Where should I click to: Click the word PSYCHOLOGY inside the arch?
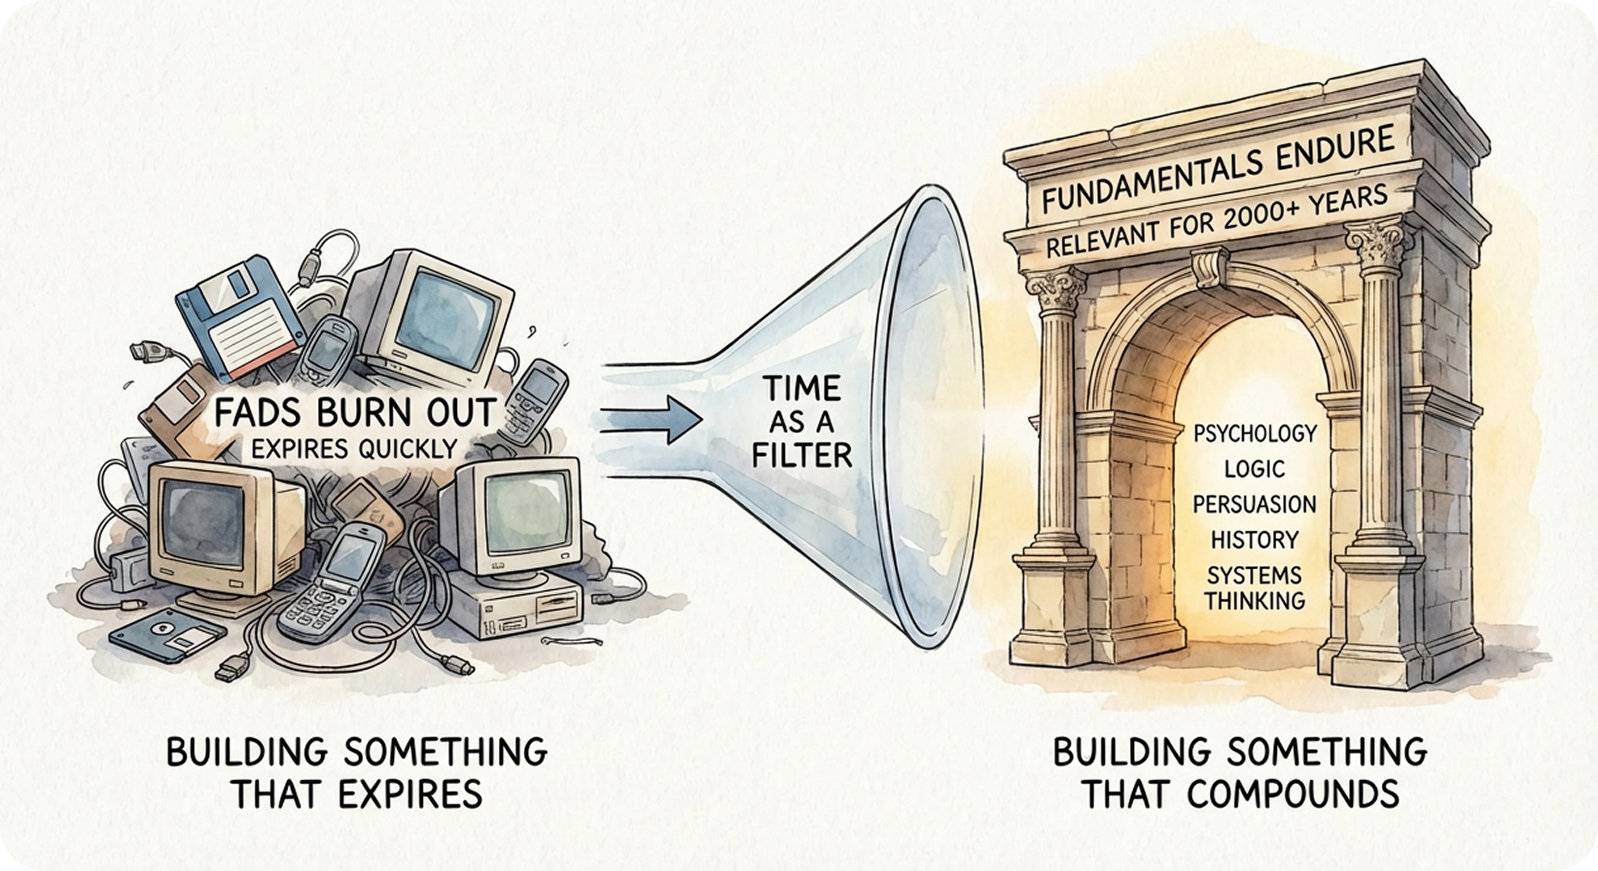pos(1254,432)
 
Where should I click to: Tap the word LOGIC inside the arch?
pos(1254,468)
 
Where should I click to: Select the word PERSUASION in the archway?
pos(1254,504)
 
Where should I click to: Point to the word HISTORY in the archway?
pos(1254,540)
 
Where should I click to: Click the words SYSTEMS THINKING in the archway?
pos(1254,587)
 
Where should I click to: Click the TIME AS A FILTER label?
pos(801,423)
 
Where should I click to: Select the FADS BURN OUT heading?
pos(355,411)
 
